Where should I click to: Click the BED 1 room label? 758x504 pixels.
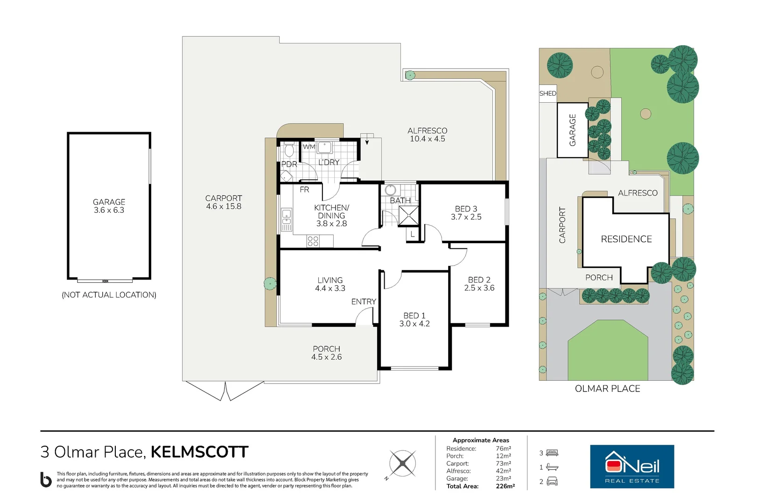point(414,320)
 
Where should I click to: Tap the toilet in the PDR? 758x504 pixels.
point(289,149)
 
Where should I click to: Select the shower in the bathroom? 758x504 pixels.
point(409,216)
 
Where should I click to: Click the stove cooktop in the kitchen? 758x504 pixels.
point(313,241)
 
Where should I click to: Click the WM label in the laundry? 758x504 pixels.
point(309,147)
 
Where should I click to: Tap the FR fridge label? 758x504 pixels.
point(304,189)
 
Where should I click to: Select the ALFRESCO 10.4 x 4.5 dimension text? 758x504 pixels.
point(428,139)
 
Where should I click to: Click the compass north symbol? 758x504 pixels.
point(402,464)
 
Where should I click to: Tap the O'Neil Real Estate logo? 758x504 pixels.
point(632,467)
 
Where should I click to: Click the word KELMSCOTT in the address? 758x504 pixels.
point(200,452)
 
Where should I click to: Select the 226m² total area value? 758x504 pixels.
point(505,486)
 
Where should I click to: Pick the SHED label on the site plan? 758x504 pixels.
point(548,93)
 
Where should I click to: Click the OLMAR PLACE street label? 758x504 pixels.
point(607,389)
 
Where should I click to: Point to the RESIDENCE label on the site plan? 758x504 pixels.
point(626,239)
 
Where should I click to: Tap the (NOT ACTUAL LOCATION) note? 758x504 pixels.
point(109,295)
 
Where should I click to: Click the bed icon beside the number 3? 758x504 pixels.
point(552,453)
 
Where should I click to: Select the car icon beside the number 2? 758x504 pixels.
point(552,481)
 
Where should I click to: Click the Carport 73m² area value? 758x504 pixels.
point(503,463)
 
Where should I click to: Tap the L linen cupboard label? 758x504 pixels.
point(412,234)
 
